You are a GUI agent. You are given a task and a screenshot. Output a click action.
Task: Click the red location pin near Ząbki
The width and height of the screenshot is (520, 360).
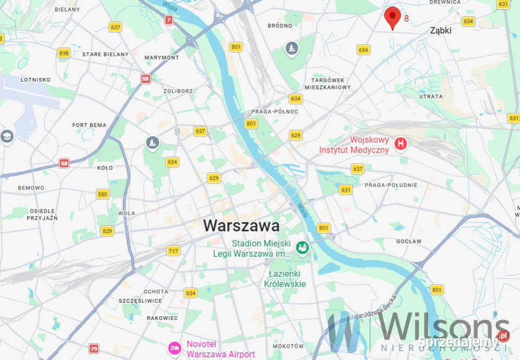[393, 17]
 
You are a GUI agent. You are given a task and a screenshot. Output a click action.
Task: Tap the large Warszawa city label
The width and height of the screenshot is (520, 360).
[241, 225]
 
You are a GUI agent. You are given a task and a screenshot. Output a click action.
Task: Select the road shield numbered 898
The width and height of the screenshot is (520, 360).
[64, 53]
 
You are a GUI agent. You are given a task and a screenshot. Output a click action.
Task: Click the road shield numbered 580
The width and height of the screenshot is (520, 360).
[102, 194]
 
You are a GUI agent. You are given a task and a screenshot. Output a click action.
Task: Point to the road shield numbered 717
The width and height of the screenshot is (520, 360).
[173, 251]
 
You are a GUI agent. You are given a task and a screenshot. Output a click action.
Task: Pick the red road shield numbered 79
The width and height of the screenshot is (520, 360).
[94, 348]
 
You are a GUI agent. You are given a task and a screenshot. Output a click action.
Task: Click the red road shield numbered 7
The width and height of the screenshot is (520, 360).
[169, 20]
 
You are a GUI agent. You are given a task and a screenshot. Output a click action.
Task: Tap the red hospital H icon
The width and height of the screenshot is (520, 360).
[400, 143]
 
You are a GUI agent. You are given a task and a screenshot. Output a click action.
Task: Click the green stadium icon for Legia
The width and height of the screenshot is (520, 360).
[302, 248]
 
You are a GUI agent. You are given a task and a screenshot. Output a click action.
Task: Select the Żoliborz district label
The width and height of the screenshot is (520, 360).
[178, 91]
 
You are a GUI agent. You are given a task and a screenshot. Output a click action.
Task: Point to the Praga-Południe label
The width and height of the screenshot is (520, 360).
[391, 185]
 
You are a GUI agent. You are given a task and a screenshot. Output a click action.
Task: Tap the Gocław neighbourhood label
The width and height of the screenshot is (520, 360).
[408, 241]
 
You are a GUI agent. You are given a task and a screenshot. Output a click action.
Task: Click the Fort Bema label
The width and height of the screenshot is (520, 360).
[89, 125]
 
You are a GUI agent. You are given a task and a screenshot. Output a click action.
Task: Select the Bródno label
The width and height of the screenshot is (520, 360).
[280, 25]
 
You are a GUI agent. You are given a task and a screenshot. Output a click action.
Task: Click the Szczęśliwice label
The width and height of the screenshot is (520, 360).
[140, 300]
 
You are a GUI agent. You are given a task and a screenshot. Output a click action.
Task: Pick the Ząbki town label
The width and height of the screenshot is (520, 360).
[440, 31]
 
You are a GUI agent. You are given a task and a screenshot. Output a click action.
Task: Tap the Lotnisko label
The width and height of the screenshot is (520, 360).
[35, 80]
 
